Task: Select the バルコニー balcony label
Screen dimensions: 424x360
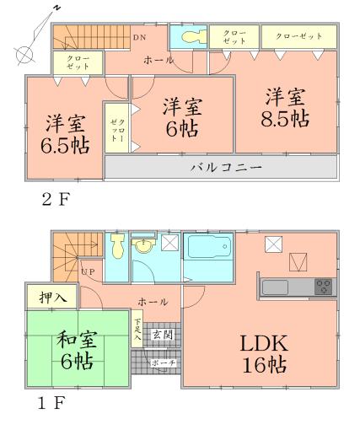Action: [223, 168]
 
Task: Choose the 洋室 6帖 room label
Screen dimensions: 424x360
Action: [181, 117]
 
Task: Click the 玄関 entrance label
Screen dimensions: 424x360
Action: [162, 335]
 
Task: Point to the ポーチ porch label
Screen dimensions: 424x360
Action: [162, 362]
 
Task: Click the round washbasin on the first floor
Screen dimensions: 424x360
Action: [145, 248]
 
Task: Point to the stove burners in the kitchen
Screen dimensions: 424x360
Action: [323, 287]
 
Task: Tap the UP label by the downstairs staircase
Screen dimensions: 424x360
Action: [87, 271]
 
